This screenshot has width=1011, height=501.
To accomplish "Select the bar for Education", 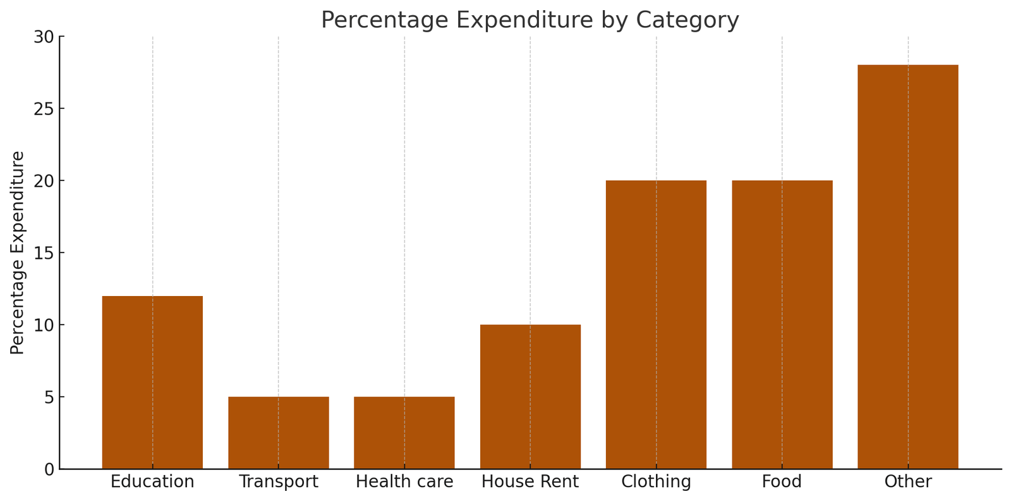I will (x=152, y=382).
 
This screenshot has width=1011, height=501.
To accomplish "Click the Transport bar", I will (x=278, y=433).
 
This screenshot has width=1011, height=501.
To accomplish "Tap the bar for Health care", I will (x=404, y=433).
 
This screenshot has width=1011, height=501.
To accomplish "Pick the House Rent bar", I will (x=530, y=397).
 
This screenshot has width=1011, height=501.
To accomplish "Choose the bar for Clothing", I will (x=656, y=325).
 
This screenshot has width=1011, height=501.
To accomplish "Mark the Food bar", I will (x=782, y=325).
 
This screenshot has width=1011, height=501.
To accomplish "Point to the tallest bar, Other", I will (x=908, y=267).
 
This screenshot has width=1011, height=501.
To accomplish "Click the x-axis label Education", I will (x=152, y=482).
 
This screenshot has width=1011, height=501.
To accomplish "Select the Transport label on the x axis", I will (x=278, y=482).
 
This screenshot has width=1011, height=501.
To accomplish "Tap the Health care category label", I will (x=404, y=482).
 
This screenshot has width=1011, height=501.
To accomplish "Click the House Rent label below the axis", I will (x=530, y=482).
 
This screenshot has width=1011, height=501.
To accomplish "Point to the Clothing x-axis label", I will (x=656, y=482).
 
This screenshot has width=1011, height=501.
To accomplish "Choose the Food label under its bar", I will (x=782, y=482).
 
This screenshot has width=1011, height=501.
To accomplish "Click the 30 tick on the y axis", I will (x=44, y=37).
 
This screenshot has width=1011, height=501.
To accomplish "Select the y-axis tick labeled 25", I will (x=44, y=109).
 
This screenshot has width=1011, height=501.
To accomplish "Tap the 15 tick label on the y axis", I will (x=44, y=253).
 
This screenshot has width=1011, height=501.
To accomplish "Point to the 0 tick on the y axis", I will (x=49, y=469).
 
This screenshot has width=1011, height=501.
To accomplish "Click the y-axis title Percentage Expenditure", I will (x=18, y=253).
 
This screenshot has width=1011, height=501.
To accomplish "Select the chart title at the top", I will (x=530, y=20).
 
